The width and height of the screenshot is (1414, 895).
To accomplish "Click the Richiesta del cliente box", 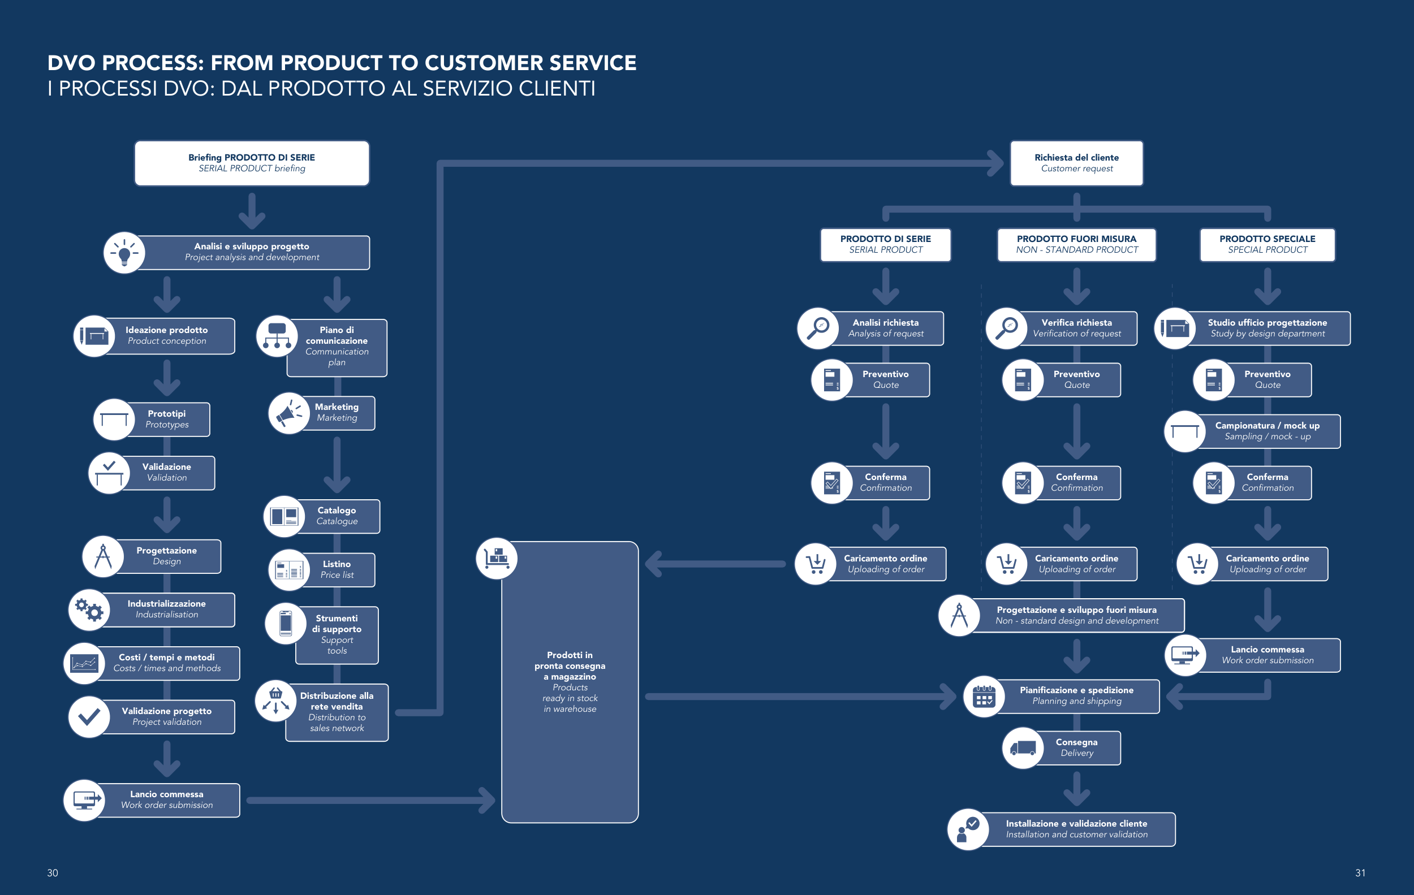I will (1076, 163).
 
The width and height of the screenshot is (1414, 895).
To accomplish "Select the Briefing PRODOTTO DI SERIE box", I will (252, 163).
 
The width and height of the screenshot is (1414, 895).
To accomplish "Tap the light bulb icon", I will (124, 253).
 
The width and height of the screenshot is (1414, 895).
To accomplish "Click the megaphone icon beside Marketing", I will (288, 413).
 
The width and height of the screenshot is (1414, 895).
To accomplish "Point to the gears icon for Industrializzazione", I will (89, 610).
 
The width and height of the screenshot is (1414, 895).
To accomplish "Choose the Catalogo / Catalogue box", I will (337, 516).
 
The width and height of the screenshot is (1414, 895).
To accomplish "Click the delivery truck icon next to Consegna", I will (1023, 747).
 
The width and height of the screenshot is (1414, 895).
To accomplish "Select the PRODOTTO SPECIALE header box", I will (1267, 244).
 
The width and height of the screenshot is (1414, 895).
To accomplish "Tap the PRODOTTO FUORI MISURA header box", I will (1076, 244).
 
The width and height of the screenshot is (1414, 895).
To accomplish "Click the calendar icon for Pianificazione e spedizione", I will (984, 696).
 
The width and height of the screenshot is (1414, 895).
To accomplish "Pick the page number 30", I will (52, 873).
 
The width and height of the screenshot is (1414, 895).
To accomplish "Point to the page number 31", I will (1360, 873).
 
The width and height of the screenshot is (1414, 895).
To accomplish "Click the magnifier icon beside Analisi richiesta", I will (817, 328).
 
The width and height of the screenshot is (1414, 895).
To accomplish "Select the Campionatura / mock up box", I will (1267, 431).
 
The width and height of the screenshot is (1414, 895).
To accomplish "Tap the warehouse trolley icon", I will (496, 558).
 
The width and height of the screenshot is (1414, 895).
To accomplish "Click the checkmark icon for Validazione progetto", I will (89, 716).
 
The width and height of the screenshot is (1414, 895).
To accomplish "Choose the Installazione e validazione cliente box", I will (1076, 829).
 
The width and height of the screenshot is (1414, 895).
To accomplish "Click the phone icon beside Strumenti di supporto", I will (286, 622).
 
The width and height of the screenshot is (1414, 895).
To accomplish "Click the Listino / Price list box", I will (337, 569).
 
